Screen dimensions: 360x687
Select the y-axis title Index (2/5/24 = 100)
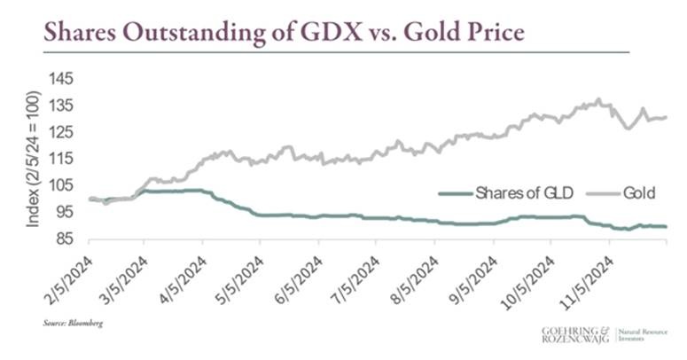33,158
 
